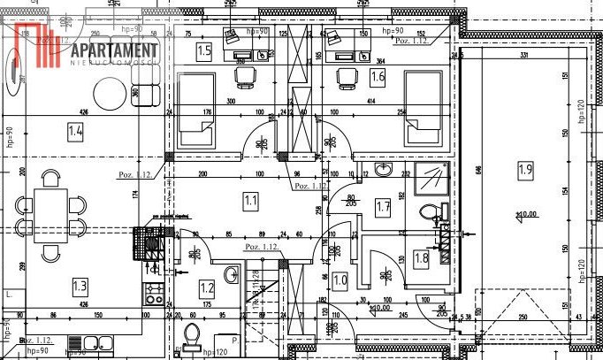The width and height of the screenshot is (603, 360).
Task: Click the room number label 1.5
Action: (204, 50)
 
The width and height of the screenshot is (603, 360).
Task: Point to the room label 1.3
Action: (80, 285)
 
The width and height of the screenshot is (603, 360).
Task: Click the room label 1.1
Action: (251, 202)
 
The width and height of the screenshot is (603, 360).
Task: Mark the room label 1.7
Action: (383, 209)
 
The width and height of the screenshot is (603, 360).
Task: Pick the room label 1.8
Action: (422, 258)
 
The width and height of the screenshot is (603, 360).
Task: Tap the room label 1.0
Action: (340, 280)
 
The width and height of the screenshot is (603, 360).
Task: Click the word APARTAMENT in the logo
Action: (114, 50)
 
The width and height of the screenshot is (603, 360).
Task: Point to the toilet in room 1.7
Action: (431, 212)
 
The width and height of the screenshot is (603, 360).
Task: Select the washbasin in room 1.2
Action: (232, 275)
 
